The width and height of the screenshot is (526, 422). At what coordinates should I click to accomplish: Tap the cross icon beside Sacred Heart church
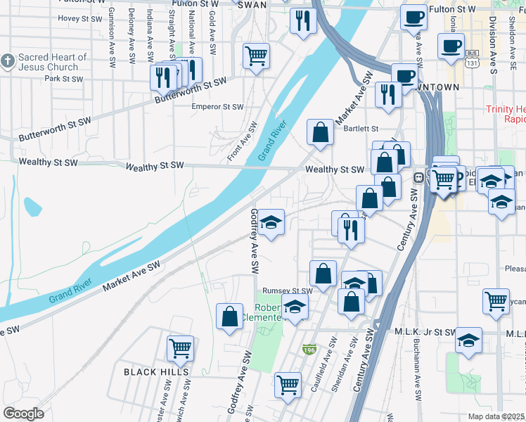[x=8, y=60]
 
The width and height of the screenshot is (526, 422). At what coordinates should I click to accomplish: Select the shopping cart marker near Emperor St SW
[x=256, y=56]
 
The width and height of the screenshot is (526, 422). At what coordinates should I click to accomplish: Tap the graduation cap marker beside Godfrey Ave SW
[x=270, y=222]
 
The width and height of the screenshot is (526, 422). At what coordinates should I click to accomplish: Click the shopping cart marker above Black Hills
[x=180, y=347]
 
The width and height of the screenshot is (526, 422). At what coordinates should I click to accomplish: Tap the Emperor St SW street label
[x=217, y=107]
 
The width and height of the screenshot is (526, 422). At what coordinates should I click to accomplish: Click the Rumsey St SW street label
[x=287, y=290]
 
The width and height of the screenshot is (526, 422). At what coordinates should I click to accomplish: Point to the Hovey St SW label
[x=79, y=18]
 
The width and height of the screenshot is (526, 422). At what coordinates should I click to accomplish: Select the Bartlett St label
[x=361, y=129]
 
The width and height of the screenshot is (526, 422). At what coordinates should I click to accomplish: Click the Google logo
[x=23, y=414]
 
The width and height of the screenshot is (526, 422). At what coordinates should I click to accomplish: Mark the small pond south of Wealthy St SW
[x=32, y=207]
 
